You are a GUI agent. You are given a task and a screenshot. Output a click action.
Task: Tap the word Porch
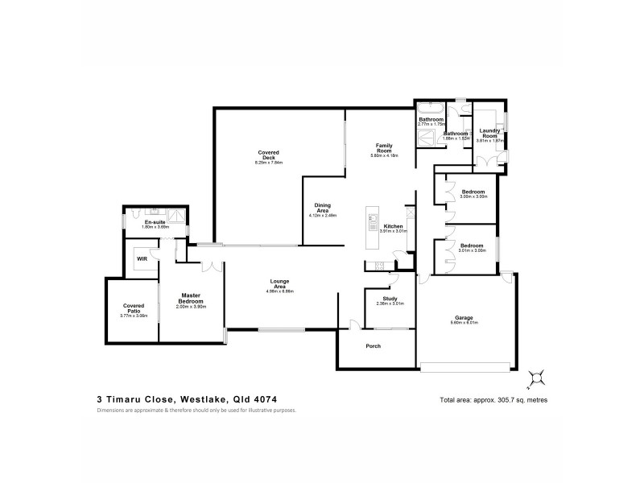[373, 346]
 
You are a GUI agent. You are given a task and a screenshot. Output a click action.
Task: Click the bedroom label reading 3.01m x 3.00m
[472, 248]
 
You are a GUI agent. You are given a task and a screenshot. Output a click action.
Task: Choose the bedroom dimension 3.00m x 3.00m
[472, 196]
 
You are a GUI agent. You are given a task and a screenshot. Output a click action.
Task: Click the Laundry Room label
[489, 132]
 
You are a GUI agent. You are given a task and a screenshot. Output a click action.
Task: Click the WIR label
[142, 259]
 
